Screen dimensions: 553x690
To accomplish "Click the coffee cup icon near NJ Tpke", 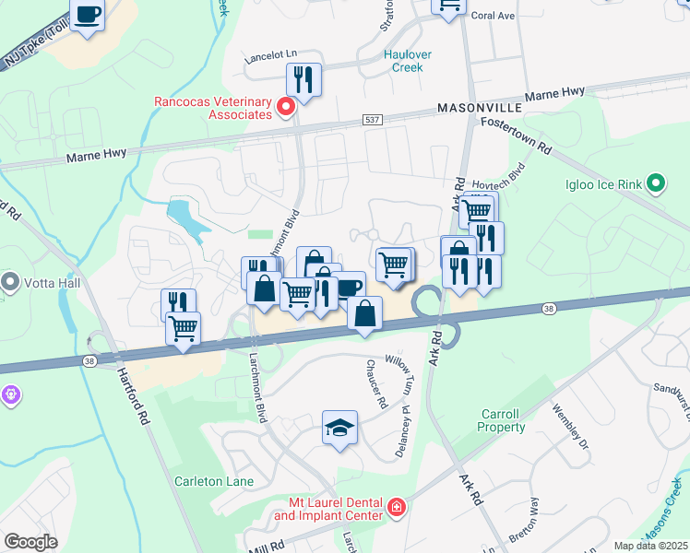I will click(88, 16).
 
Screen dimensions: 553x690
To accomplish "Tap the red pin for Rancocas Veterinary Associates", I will click(286, 108).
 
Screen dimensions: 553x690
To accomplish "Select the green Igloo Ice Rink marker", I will click(656, 183).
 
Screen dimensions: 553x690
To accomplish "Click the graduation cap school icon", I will click(339, 428).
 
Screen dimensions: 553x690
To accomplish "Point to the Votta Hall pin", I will click(10, 280).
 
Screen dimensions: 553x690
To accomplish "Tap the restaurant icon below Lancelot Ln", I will click(303, 79).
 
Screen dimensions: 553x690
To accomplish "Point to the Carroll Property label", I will click(501, 421).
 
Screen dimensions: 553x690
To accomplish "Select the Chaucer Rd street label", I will click(379, 392).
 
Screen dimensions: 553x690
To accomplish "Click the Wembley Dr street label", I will click(564, 424).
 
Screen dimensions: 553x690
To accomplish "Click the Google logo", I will click(30, 542).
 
